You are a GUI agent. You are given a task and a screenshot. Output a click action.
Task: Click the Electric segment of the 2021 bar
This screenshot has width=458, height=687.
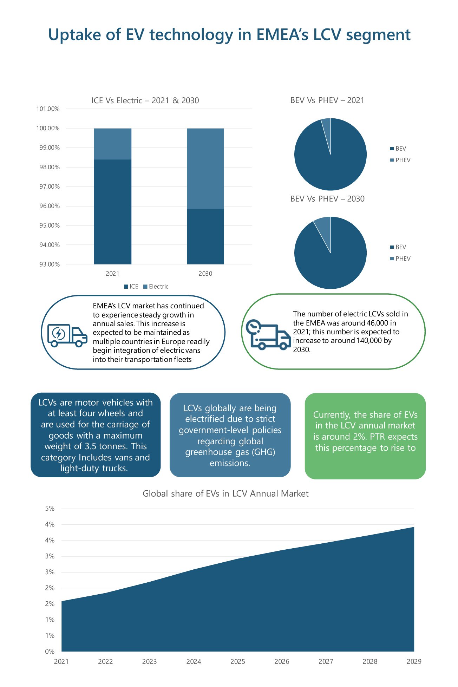(112, 144)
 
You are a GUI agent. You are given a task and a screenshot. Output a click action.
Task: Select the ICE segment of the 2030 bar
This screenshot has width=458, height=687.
(205, 236)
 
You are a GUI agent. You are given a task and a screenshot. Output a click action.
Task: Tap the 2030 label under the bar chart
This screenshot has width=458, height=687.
(205, 274)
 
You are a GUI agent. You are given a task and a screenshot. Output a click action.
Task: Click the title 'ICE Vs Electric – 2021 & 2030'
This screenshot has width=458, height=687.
(145, 100)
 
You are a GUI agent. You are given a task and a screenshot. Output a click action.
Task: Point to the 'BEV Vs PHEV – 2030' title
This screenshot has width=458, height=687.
(327, 199)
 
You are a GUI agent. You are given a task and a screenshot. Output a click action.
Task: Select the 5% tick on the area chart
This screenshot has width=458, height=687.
(50, 509)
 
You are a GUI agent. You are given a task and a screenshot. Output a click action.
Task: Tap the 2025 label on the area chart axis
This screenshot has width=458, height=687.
(238, 661)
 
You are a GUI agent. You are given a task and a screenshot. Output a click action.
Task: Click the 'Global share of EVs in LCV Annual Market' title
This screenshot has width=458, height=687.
(225, 493)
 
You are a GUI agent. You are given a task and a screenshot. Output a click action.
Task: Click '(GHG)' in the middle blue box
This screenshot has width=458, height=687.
(263, 452)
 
